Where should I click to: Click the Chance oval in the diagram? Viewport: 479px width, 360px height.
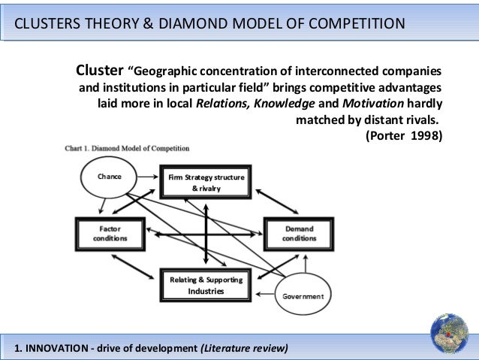click(110, 177)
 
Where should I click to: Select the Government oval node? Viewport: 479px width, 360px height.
click(303, 296)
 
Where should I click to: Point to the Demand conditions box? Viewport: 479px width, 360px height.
click(299, 233)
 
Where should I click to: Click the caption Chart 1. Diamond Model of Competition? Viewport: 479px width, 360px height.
click(125, 148)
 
